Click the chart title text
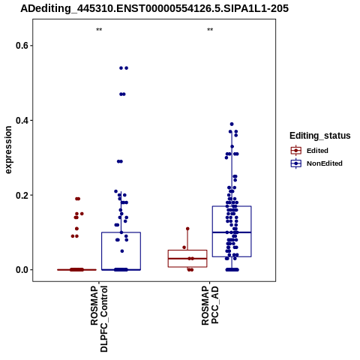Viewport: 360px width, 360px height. pos(154,8)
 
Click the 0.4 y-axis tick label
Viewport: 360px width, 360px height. pos(20,120)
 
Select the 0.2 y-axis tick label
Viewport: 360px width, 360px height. pos(20,195)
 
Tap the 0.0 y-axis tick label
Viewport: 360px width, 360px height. pos(20,270)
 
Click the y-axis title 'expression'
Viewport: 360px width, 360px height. pos(8,150)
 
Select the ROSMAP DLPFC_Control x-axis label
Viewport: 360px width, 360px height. pos(99,319)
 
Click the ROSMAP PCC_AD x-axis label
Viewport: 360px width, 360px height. pos(210,306)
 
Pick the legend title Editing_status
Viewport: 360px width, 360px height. pos(320,136)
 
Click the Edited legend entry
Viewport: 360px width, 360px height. pos(310,151)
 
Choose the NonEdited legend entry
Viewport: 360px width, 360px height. pos(316,163)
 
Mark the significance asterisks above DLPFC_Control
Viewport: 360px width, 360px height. pos(99,30)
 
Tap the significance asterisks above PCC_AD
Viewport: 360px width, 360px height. pos(210,30)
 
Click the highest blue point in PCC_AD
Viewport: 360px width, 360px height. pos(232,124)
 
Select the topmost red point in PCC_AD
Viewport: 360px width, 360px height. pos(187,229)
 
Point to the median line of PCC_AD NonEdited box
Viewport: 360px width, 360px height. pos(232,232)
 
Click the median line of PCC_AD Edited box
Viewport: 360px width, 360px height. pos(187,259)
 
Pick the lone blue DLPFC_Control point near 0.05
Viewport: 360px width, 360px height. pos(122,251)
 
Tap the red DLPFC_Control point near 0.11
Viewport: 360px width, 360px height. pos(76,229)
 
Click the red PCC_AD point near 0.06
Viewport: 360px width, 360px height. pos(184,247)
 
